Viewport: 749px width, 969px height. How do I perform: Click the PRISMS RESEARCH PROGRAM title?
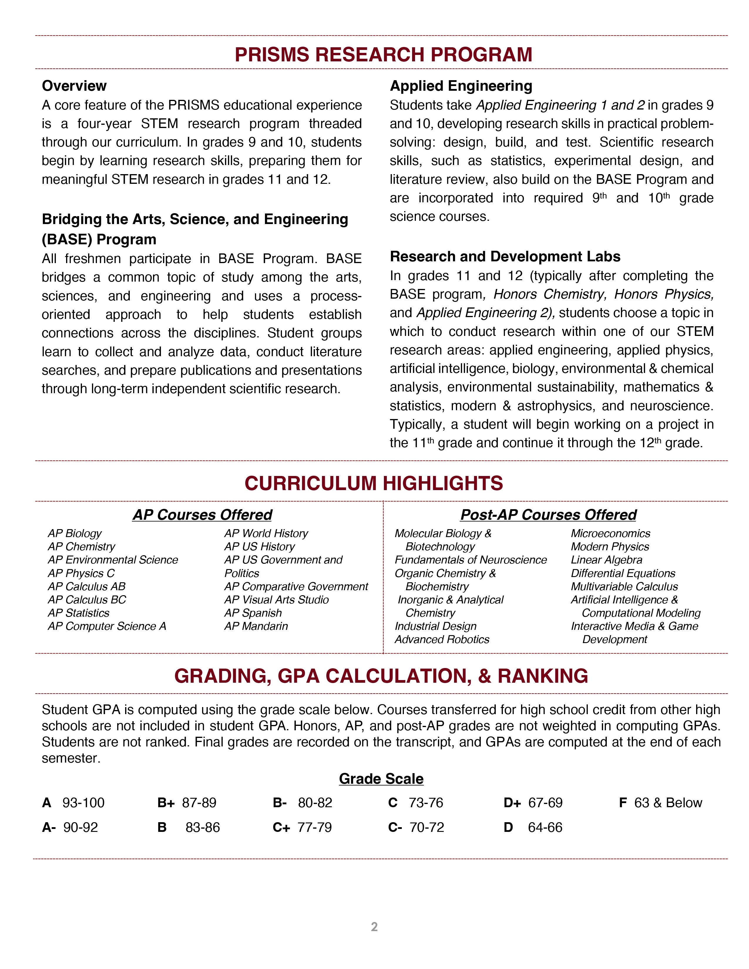point(383,55)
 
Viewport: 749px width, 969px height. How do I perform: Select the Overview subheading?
point(74,86)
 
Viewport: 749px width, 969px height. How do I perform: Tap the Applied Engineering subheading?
point(461,86)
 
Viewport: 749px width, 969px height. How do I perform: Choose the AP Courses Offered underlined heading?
point(202,515)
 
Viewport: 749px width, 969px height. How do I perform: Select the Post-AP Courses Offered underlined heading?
point(548,515)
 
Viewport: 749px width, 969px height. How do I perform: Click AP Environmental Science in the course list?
point(113,560)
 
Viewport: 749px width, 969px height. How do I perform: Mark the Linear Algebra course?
point(607,560)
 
